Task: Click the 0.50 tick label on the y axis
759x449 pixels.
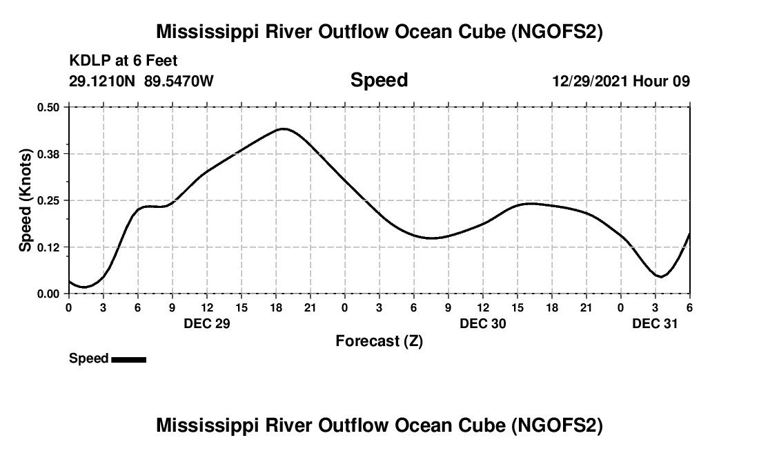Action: (49, 107)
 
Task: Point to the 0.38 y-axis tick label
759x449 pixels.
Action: (49, 153)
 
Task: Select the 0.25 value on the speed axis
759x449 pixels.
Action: (49, 200)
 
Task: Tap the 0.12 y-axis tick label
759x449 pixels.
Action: (49, 247)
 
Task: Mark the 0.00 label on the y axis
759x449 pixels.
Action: (49, 294)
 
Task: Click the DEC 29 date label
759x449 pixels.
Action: (207, 323)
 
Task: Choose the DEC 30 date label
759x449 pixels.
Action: (483, 323)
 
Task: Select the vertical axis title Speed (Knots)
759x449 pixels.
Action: (26, 200)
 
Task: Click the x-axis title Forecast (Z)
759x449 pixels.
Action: (379, 341)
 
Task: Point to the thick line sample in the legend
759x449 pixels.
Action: (128, 359)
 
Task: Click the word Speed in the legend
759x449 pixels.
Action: (88, 359)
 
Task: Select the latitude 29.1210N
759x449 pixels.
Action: (102, 81)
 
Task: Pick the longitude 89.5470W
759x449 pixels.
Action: (179, 81)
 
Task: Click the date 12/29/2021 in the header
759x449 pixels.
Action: (589, 81)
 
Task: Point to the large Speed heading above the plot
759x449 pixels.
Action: (379, 80)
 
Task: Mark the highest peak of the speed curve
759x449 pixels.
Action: (284, 128)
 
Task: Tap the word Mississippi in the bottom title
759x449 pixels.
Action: (202, 426)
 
